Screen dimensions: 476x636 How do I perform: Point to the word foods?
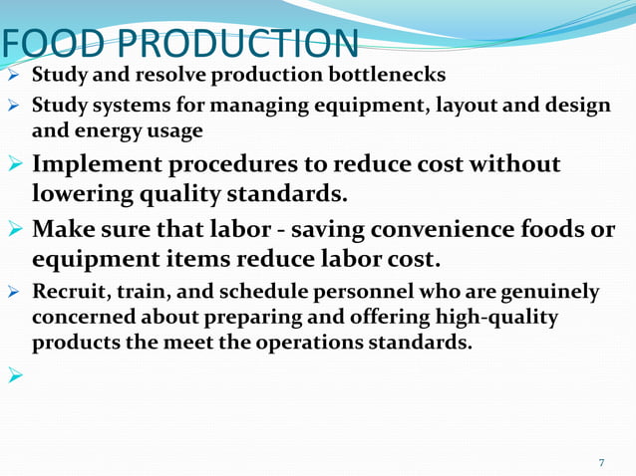(561, 230)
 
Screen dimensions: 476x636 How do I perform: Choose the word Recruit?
(68, 293)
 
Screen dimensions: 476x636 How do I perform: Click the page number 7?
(601, 462)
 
